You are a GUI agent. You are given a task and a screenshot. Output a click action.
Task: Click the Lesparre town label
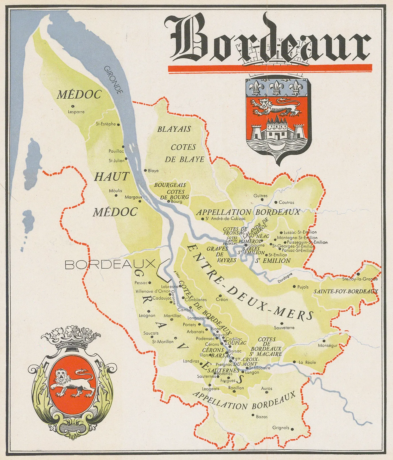coord(76,112)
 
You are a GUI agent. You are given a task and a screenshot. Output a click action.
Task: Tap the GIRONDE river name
coord(113,80)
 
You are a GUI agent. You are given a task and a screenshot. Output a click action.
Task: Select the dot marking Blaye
coord(145,170)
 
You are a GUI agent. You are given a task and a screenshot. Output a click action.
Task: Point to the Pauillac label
coord(116,151)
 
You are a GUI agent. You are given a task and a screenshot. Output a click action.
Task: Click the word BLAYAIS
coord(174,129)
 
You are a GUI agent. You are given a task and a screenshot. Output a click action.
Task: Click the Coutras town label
coord(286,202)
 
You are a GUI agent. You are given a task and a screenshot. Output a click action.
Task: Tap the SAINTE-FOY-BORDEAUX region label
coord(346,292)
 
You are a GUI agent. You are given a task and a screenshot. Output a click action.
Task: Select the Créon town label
coord(222,300)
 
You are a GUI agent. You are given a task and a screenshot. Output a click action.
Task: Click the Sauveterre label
coord(284,328)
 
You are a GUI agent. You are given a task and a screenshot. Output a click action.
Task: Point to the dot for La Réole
coord(294,362)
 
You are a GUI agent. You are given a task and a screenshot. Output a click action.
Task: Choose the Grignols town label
coord(281,428)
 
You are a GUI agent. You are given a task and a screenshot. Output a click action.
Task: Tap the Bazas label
coord(261,417)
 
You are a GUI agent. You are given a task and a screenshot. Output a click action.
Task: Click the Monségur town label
coord(327,346)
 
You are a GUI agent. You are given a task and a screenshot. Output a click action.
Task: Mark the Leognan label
coord(147,316)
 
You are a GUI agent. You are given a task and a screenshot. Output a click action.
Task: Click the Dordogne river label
coord(285,278)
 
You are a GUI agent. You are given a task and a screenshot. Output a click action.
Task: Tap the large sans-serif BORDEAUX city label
coord(109,264)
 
